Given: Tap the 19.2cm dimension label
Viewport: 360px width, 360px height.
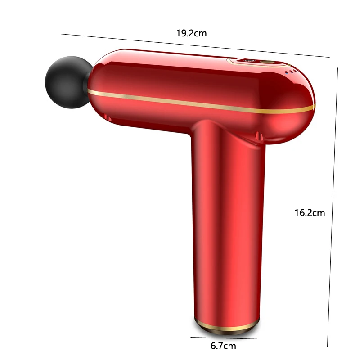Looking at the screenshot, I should pyautogui.click(x=191, y=33).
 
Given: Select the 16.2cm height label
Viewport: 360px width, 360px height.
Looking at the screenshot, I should pyautogui.click(x=310, y=213).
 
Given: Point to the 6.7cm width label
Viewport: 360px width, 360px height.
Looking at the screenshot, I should pyautogui.click(x=223, y=346).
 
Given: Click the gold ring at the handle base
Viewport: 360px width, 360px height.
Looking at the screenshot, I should pyautogui.click(x=228, y=325).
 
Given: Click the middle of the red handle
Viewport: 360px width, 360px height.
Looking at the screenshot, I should pyautogui.click(x=227, y=225).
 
